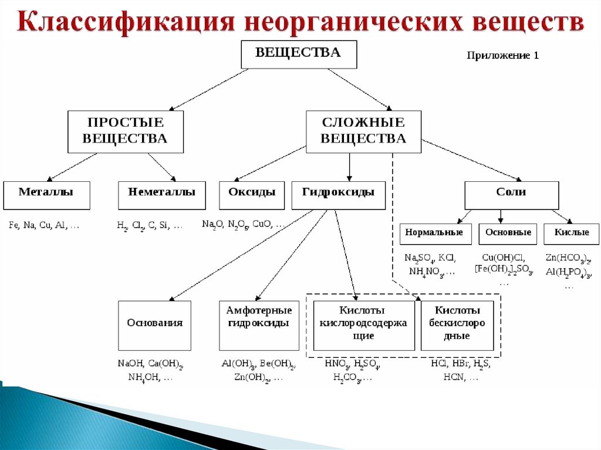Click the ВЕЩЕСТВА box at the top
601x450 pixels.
point(299,53)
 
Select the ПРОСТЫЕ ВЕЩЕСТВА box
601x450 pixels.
point(125,131)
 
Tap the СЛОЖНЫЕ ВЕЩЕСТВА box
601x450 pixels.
point(363,131)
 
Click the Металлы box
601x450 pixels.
point(46,195)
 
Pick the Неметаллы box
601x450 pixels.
point(161,195)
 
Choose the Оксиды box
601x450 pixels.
point(252,195)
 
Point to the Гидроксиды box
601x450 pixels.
point(338,195)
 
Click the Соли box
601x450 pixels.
point(511,195)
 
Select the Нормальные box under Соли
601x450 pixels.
point(435,234)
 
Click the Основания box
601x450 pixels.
point(155,325)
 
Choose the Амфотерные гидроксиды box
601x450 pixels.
point(259,325)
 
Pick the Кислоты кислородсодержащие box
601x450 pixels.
point(364,325)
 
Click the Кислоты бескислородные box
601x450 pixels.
point(458,325)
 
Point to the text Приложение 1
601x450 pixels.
point(502,56)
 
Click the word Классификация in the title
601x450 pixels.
point(124,22)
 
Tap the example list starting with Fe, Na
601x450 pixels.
point(44,226)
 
